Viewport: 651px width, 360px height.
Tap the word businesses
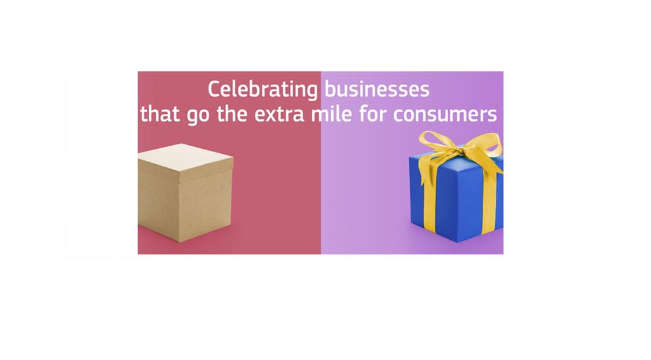pyautogui.click(x=376, y=89)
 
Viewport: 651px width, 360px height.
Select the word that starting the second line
pyautogui.click(x=160, y=113)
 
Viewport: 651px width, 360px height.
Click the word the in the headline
pyautogui.click(x=232, y=113)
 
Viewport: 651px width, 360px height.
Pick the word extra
pyautogui.click(x=280, y=114)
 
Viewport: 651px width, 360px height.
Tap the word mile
pyautogui.click(x=332, y=113)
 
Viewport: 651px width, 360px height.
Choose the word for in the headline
pyautogui.click(x=373, y=113)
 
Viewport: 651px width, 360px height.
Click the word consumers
pyautogui.click(x=445, y=115)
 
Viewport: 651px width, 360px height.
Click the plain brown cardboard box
pyautogui.click(x=185, y=193)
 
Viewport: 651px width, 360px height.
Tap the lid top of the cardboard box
pyautogui.click(x=185, y=158)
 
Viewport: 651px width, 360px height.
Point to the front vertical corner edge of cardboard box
pyautogui.click(x=179, y=207)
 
